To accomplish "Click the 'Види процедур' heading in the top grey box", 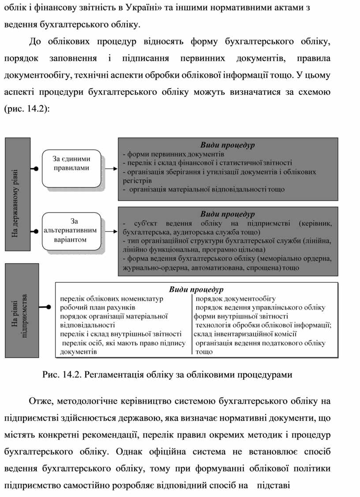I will tap(228, 145).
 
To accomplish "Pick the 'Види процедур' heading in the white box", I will tap(196, 289).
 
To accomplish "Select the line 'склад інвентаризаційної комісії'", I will tap(245, 334).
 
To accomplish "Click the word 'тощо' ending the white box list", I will tap(204, 351).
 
